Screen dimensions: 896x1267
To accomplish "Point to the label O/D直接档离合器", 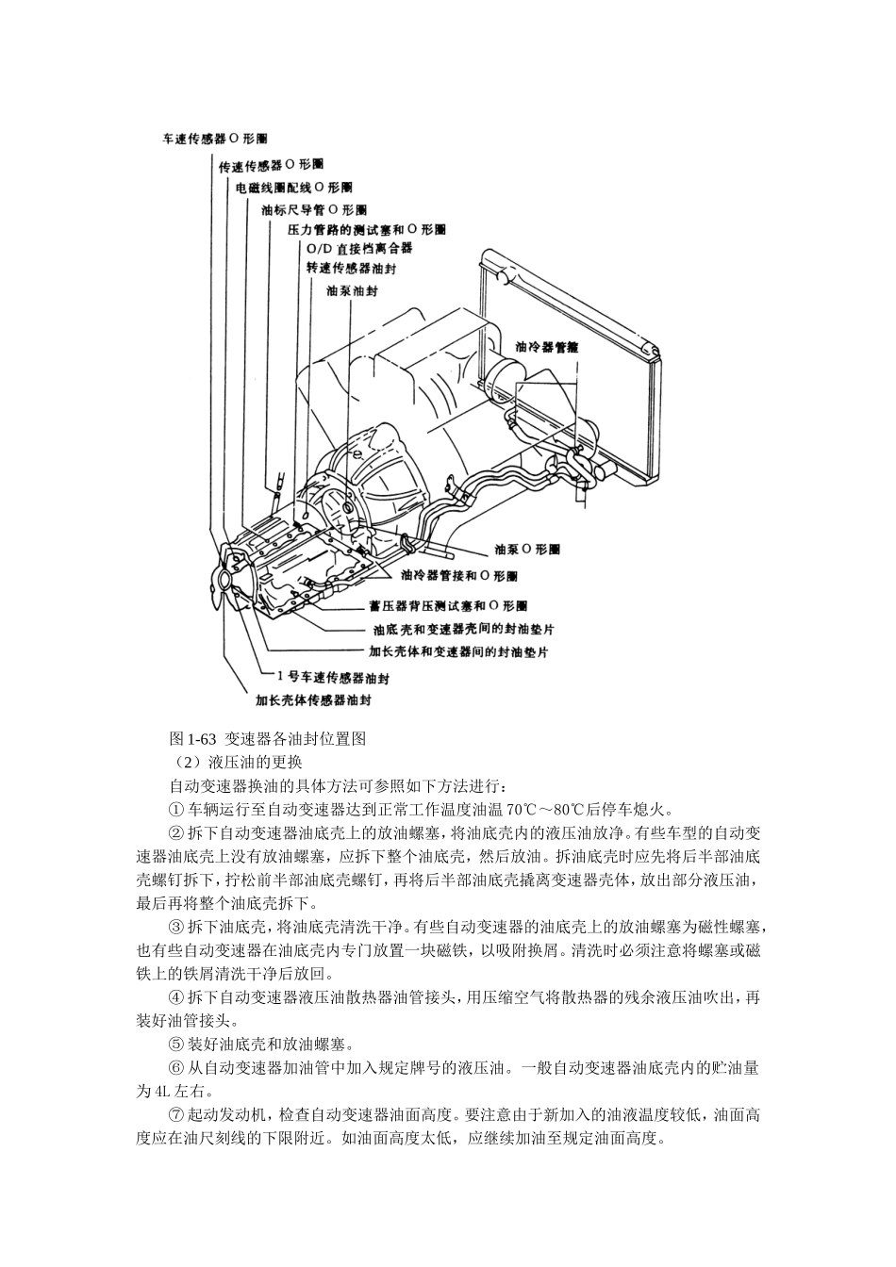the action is [359, 249].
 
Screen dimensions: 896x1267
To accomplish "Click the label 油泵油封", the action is [351, 291].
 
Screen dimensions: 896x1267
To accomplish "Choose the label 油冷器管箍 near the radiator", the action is [546, 347].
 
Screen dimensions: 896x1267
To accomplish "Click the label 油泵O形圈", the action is [527, 548].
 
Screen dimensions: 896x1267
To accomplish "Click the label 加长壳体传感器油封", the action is [313, 700].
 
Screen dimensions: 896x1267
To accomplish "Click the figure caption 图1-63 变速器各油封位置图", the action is [266, 738].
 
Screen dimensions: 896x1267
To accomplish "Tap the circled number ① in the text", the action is [175, 809].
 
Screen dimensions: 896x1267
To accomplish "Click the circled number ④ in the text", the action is [175, 996].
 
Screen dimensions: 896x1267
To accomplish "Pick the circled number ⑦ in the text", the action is [175, 1114].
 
